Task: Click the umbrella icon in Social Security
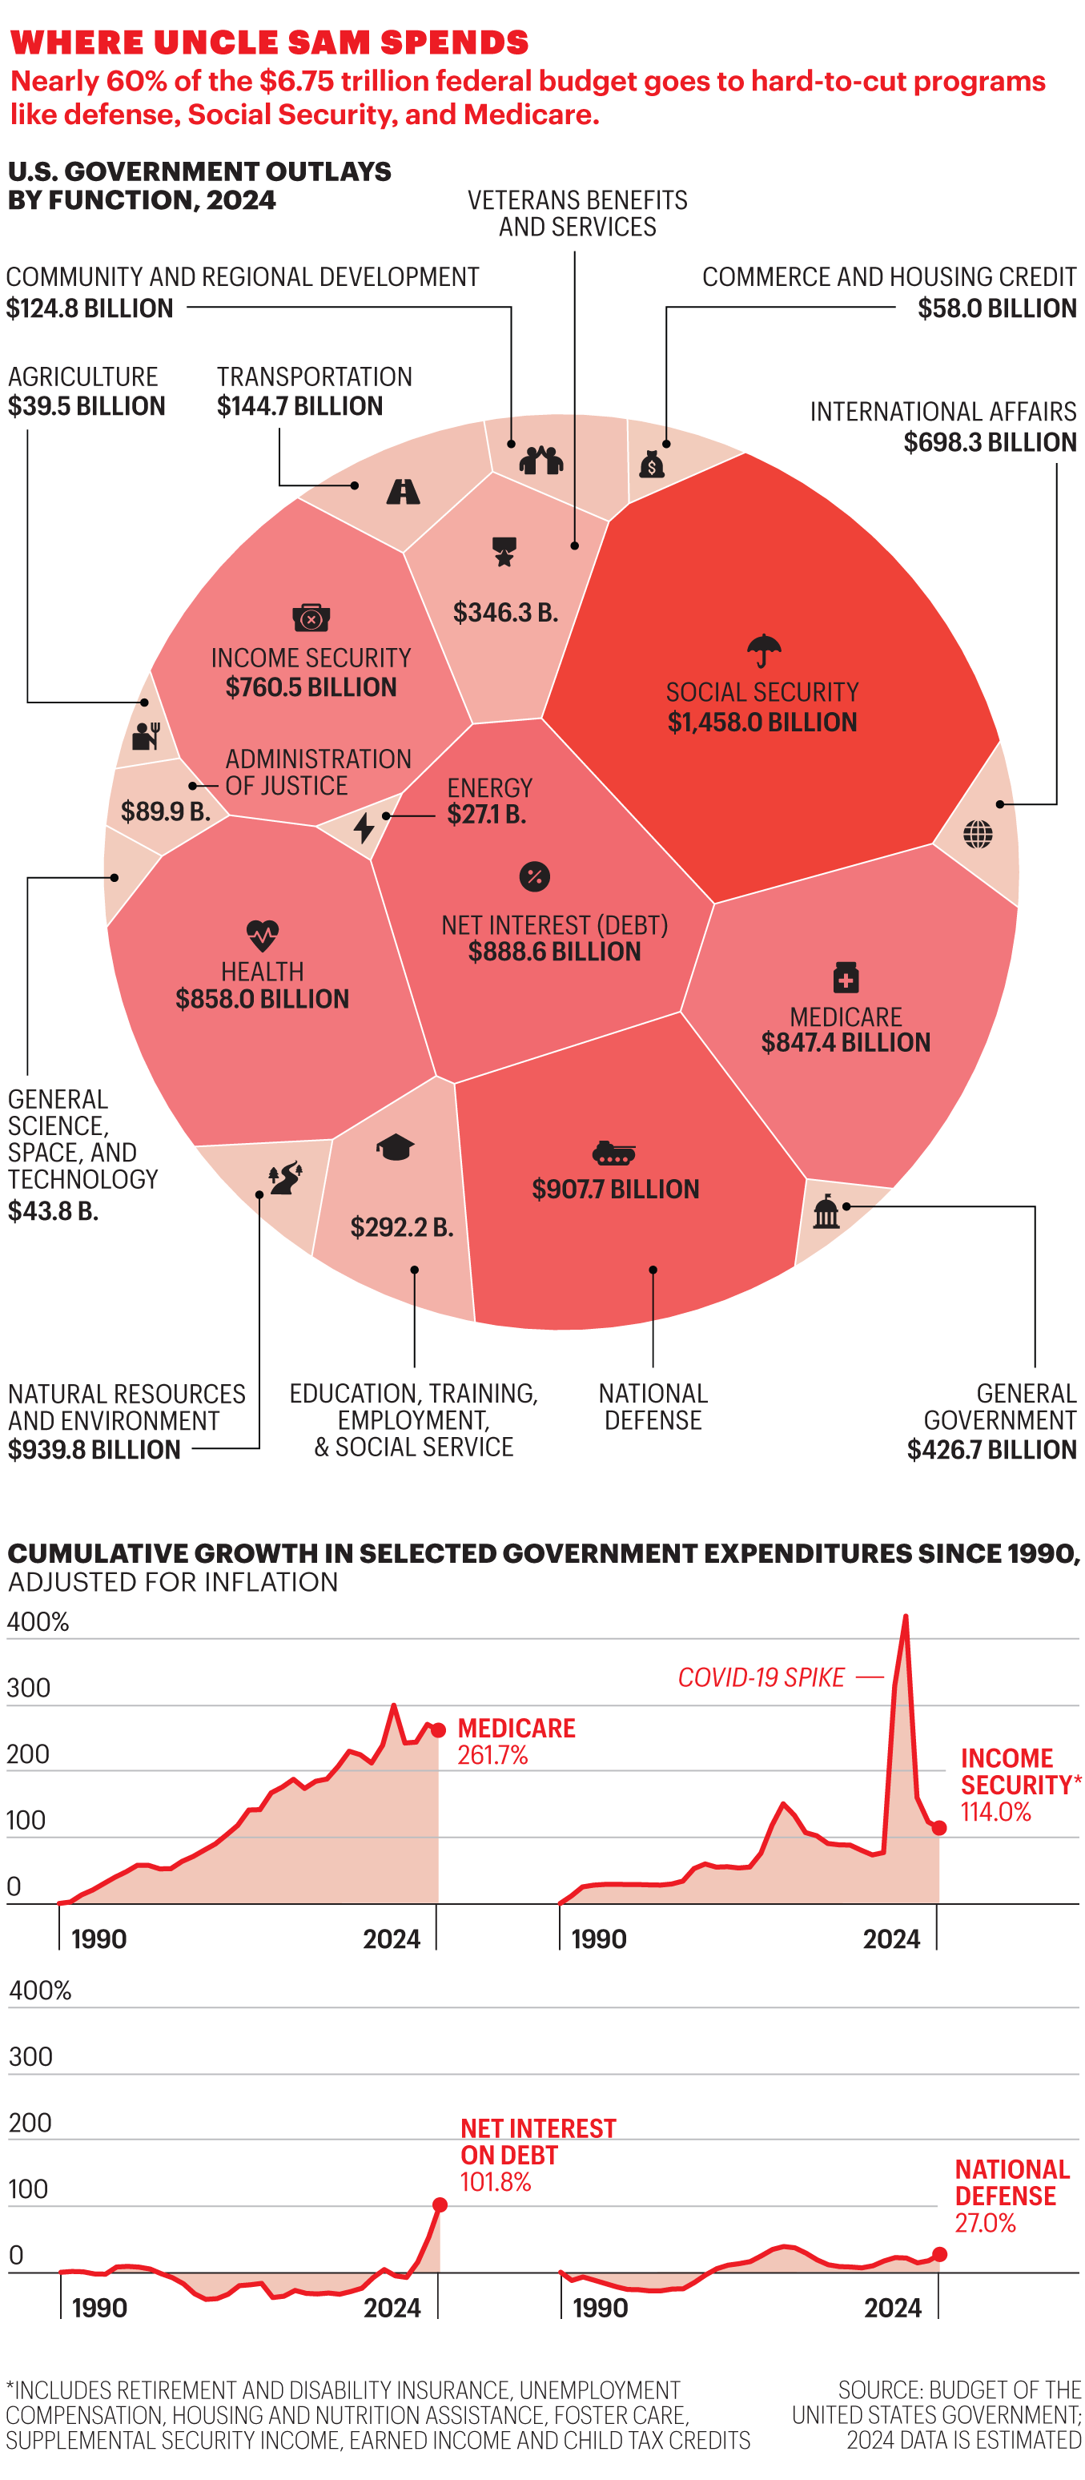coord(763,650)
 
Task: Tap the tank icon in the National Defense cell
coord(613,1153)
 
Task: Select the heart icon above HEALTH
coord(262,934)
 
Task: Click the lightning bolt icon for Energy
coord(363,827)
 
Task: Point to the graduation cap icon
coord(395,1146)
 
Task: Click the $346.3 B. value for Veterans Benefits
coord(505,612)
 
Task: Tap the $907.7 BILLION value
coord(615,1189)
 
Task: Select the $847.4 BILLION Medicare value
coord(846,1043)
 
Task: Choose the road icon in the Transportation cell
coord(403,492)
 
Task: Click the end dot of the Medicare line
coord(438,1730)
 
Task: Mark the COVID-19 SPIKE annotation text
coord(761,1678)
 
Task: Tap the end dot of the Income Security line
coord(939,1827)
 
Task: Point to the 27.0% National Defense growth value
coord(985,2223)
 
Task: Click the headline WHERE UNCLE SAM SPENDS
coord(270,42)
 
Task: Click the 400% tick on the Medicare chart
coord(38,1622)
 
